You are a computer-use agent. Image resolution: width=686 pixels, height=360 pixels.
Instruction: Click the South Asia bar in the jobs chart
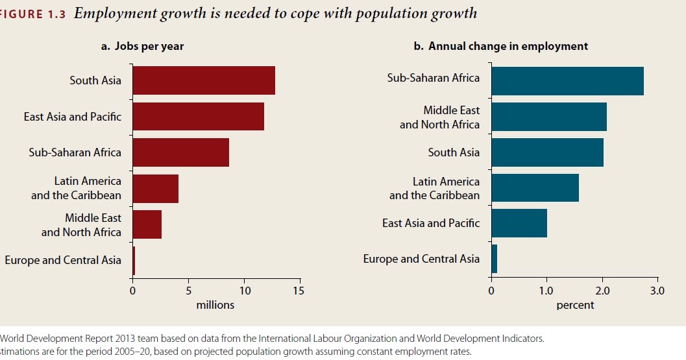[204, 80]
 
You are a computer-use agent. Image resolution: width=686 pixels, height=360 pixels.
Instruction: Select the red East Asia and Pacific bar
[198, 117]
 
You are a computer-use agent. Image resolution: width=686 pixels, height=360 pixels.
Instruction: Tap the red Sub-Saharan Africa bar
[180, 152]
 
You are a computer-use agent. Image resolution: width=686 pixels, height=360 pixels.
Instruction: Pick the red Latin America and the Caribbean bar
[155, 188]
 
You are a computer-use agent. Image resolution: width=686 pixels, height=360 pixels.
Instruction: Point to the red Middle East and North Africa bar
[147, 224]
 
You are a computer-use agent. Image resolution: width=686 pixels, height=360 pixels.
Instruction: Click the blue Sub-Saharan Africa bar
[567, 80]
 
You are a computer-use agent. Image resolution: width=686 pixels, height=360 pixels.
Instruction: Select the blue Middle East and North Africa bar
[549, 117]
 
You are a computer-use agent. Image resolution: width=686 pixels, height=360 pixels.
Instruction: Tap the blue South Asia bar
[547, 152]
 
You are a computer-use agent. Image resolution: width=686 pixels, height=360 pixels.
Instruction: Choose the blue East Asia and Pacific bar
[519, 224]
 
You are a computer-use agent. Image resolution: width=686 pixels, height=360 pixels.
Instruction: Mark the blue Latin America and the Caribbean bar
[535, 188]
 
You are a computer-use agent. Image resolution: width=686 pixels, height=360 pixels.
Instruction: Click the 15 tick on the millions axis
[298, 291]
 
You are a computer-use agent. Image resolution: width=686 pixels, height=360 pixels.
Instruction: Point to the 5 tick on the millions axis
[188, 291]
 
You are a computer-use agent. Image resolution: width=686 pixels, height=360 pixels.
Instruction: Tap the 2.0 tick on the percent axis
[602, 291]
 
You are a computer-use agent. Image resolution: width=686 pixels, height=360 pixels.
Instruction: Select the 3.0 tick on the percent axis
[657, 291]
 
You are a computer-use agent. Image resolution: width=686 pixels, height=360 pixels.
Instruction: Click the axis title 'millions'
[215, 305]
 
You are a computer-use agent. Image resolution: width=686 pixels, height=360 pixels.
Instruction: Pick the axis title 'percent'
[574, 305]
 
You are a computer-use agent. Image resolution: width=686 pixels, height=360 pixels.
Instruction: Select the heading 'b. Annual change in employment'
[501, 46]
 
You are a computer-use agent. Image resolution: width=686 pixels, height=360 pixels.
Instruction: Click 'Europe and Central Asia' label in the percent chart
[421, 259]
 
